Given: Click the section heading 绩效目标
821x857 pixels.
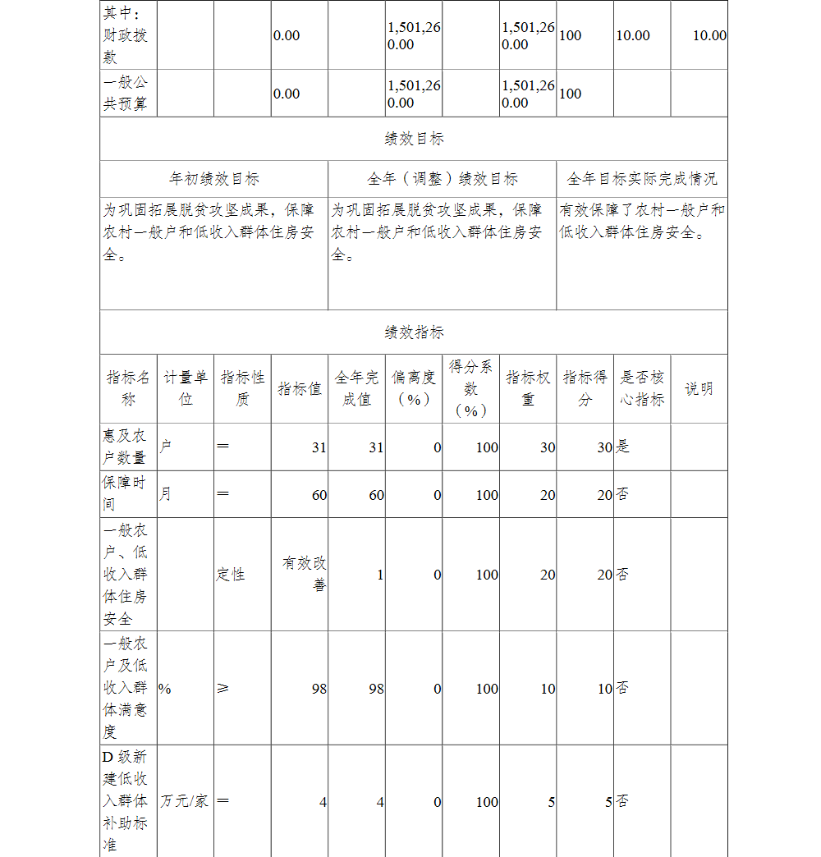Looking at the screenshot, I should (x=414, y=139).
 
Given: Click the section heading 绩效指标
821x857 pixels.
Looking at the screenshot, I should (x=414, y=332).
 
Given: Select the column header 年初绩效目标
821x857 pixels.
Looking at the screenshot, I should (x=214, y=179).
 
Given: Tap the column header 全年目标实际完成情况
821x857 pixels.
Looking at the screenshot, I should (x=642, y=179).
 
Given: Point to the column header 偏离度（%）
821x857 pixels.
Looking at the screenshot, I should (x=414, y=388).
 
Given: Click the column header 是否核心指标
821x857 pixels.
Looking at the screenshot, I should (x=642, y=388).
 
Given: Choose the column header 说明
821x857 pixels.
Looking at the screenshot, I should (x=699, y=389).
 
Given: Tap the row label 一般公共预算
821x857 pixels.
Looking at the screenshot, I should (x=126, y=94).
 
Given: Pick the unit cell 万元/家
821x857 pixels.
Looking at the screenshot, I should (x=185, y=800).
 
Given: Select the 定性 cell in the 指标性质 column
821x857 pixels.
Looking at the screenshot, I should (x=232, y=575).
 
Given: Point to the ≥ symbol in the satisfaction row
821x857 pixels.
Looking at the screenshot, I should (x=222, y=689).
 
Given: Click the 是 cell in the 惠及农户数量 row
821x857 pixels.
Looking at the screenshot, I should (x=623, y=447).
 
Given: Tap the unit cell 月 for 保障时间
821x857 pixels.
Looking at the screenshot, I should (x=166, y=495).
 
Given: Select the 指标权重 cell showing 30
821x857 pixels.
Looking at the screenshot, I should (x=547, y=447).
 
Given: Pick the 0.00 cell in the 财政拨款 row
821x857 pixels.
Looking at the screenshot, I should (x=287, y=36).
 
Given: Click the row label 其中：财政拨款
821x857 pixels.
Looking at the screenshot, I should (x=126, y=36).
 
